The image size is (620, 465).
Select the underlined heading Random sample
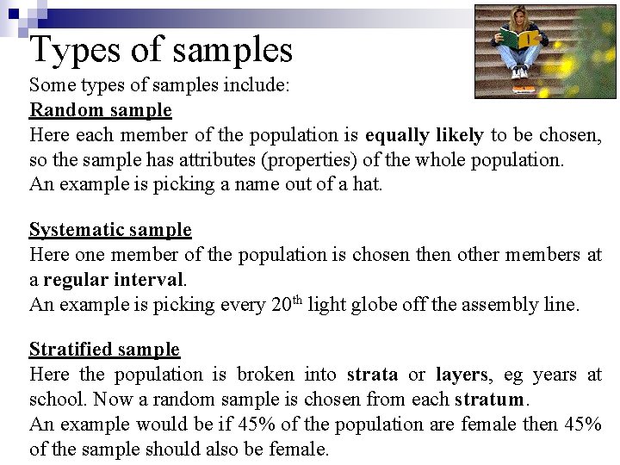101,110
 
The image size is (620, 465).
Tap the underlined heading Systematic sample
110,230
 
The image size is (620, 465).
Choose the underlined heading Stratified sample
104,350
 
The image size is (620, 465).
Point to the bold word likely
462,135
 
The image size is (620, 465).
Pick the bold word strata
372,375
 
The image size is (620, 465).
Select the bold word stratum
488,400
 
